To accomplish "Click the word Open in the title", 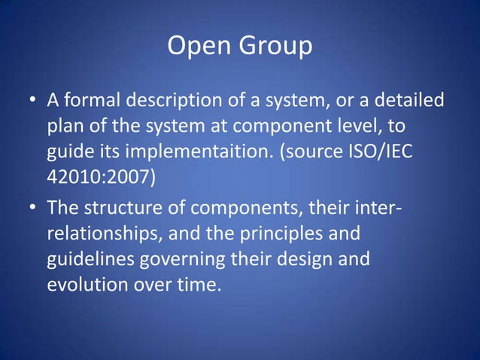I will pyautogui.click(x=196, y=47).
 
